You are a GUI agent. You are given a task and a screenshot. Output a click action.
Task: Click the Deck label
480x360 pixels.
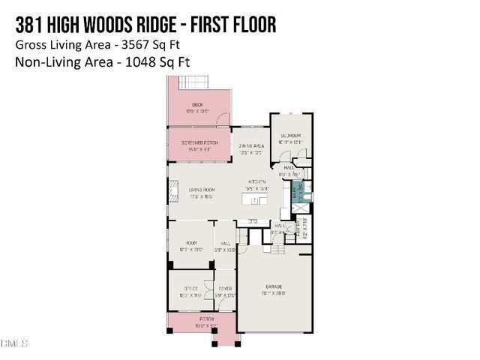pyautogui.click(x=197, y=104)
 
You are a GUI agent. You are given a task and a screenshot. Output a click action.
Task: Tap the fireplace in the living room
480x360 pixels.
pyautogui.click(x=171, y=193)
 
